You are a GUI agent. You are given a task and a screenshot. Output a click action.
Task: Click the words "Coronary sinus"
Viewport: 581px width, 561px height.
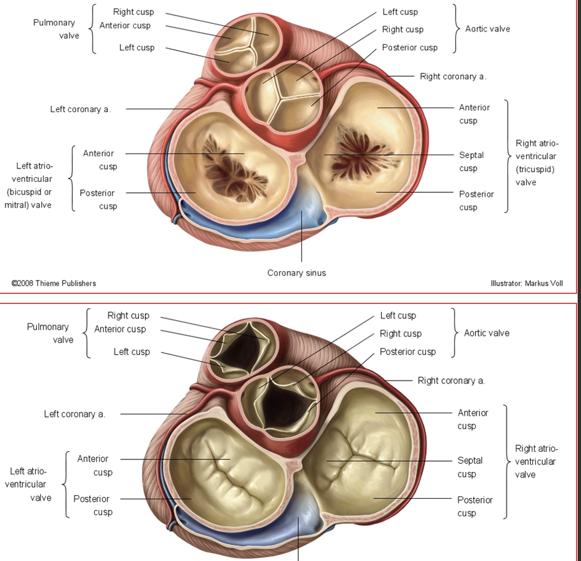[297, 273]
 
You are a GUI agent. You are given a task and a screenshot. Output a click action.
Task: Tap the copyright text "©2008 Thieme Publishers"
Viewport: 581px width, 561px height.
[54, 283]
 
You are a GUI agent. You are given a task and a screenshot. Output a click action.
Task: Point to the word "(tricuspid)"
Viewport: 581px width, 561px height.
[535, 170]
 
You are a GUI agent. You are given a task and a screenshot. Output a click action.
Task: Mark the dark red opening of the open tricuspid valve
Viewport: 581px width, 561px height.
[361, 154]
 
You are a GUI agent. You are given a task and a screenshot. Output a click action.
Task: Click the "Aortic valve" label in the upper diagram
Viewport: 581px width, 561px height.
[488, 29]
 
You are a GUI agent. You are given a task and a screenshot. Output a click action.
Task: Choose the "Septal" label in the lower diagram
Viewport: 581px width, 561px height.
[470, 461]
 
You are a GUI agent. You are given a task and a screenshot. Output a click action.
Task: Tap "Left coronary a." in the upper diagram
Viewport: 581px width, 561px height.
[80, 109]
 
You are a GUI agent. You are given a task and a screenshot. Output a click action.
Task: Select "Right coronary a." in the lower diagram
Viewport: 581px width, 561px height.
[451, 380]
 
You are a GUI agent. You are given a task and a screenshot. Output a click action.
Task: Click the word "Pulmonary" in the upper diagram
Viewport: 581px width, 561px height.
[54, 23]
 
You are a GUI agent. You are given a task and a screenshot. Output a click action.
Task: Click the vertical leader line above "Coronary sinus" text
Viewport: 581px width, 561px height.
[301, 236]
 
